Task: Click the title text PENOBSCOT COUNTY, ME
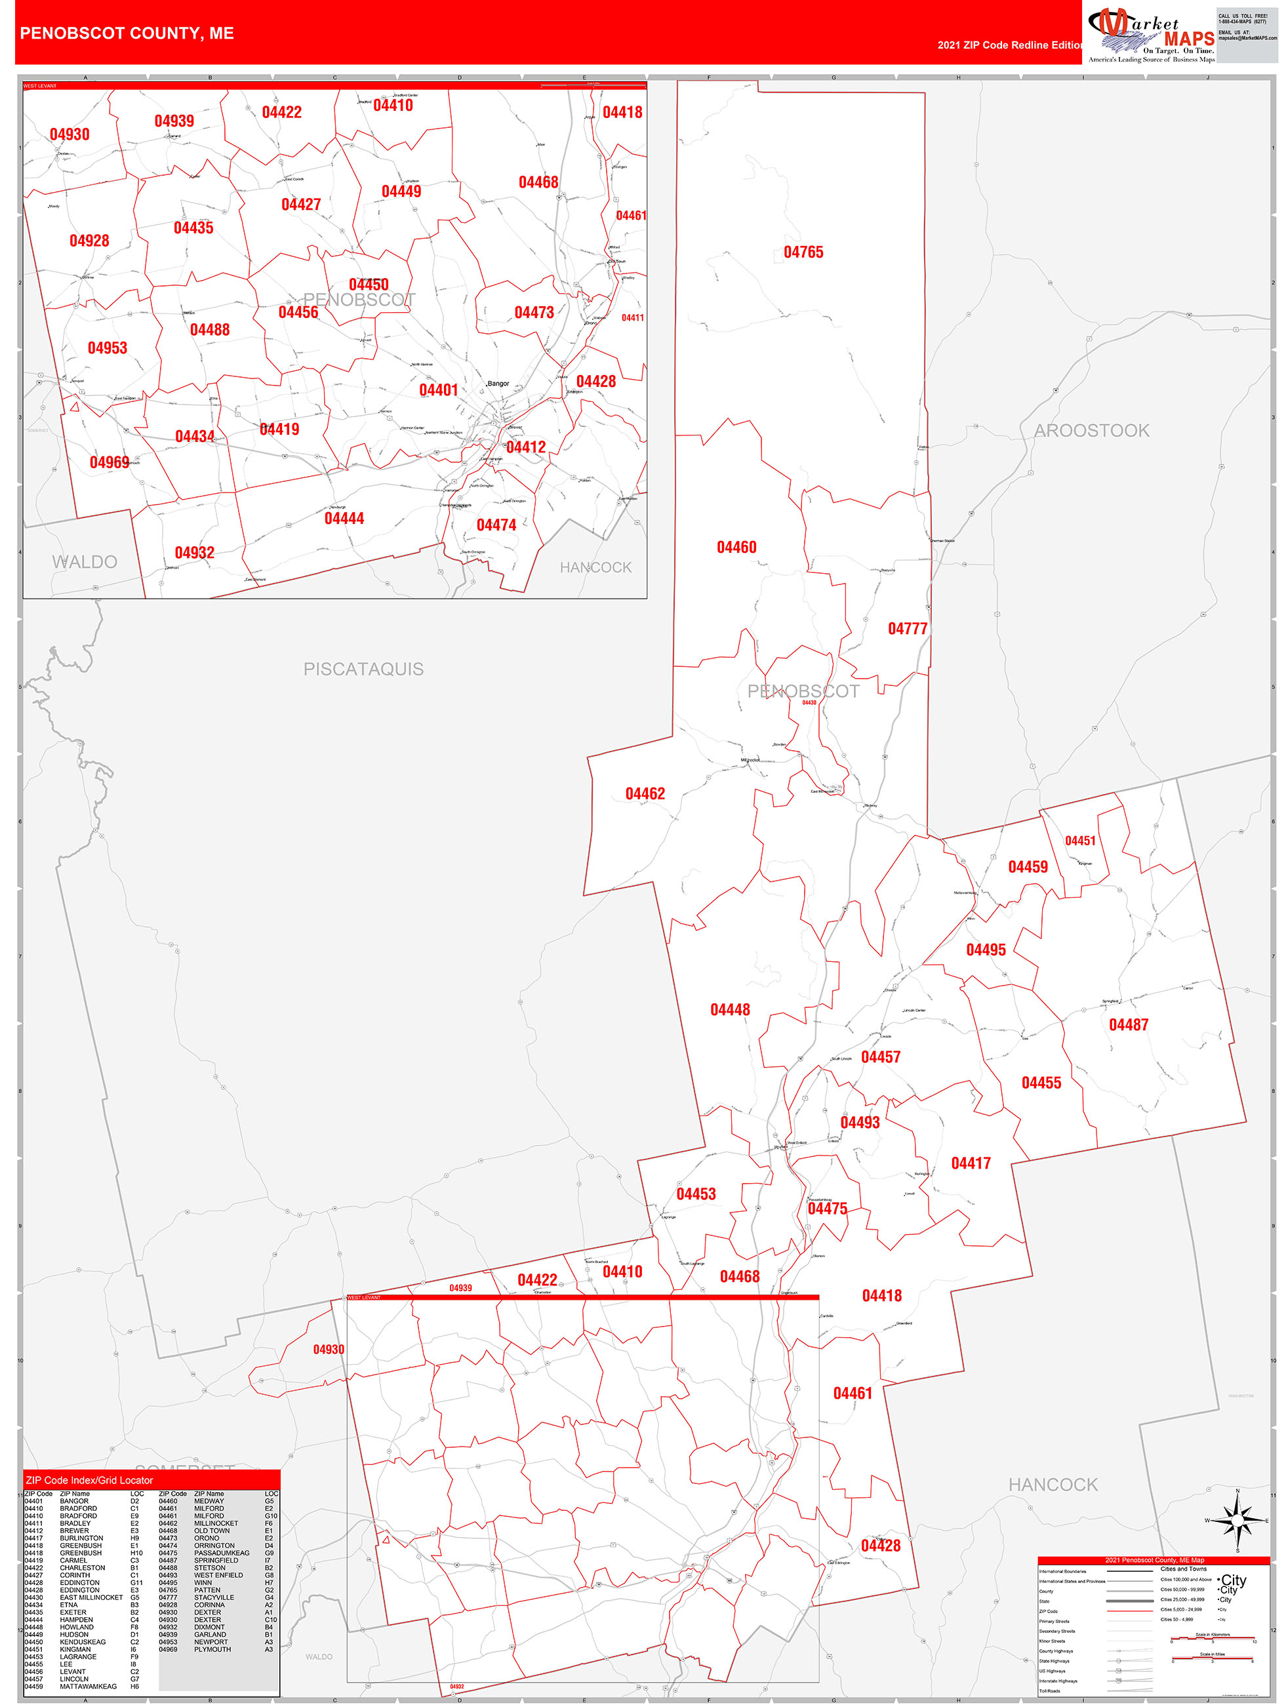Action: pyautogui.click(x=127, y=33)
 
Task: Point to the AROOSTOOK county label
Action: pyautogui.click(x=1091, y=431)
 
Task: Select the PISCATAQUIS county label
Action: pyautogui.click(x=363, y=669)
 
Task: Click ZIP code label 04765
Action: pyautogui.click(x=803, y=252)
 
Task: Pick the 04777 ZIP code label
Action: pyautogui.click(x=908, y=629)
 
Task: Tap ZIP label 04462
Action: pyautogui.click(x=645, y=794)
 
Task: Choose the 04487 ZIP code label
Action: pyautogui.click(x=1128, y=1025)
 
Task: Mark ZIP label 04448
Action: pyautogui.click(x=729, y=1010)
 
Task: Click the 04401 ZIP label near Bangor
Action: pyautogui.click(x=438, y=390)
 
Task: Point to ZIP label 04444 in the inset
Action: pyautogui.click(x=344, y=519)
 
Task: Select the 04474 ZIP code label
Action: pyautogui.click(x=496, y=525)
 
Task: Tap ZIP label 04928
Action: pyautogui.click(x=89, y=241)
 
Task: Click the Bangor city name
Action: pyautogui.click(x=498, y=383)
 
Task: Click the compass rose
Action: pyautogui.click(x=1237, y=1520)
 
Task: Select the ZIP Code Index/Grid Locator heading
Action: pyautogui.click(x=89, y=1480)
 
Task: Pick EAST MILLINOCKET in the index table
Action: pyautogui.click(x=91, y=1597)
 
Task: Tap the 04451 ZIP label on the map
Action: pyautogui.click(x=1079, y=841)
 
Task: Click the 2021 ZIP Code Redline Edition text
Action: pyautogui.click(x=1010, y=45)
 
